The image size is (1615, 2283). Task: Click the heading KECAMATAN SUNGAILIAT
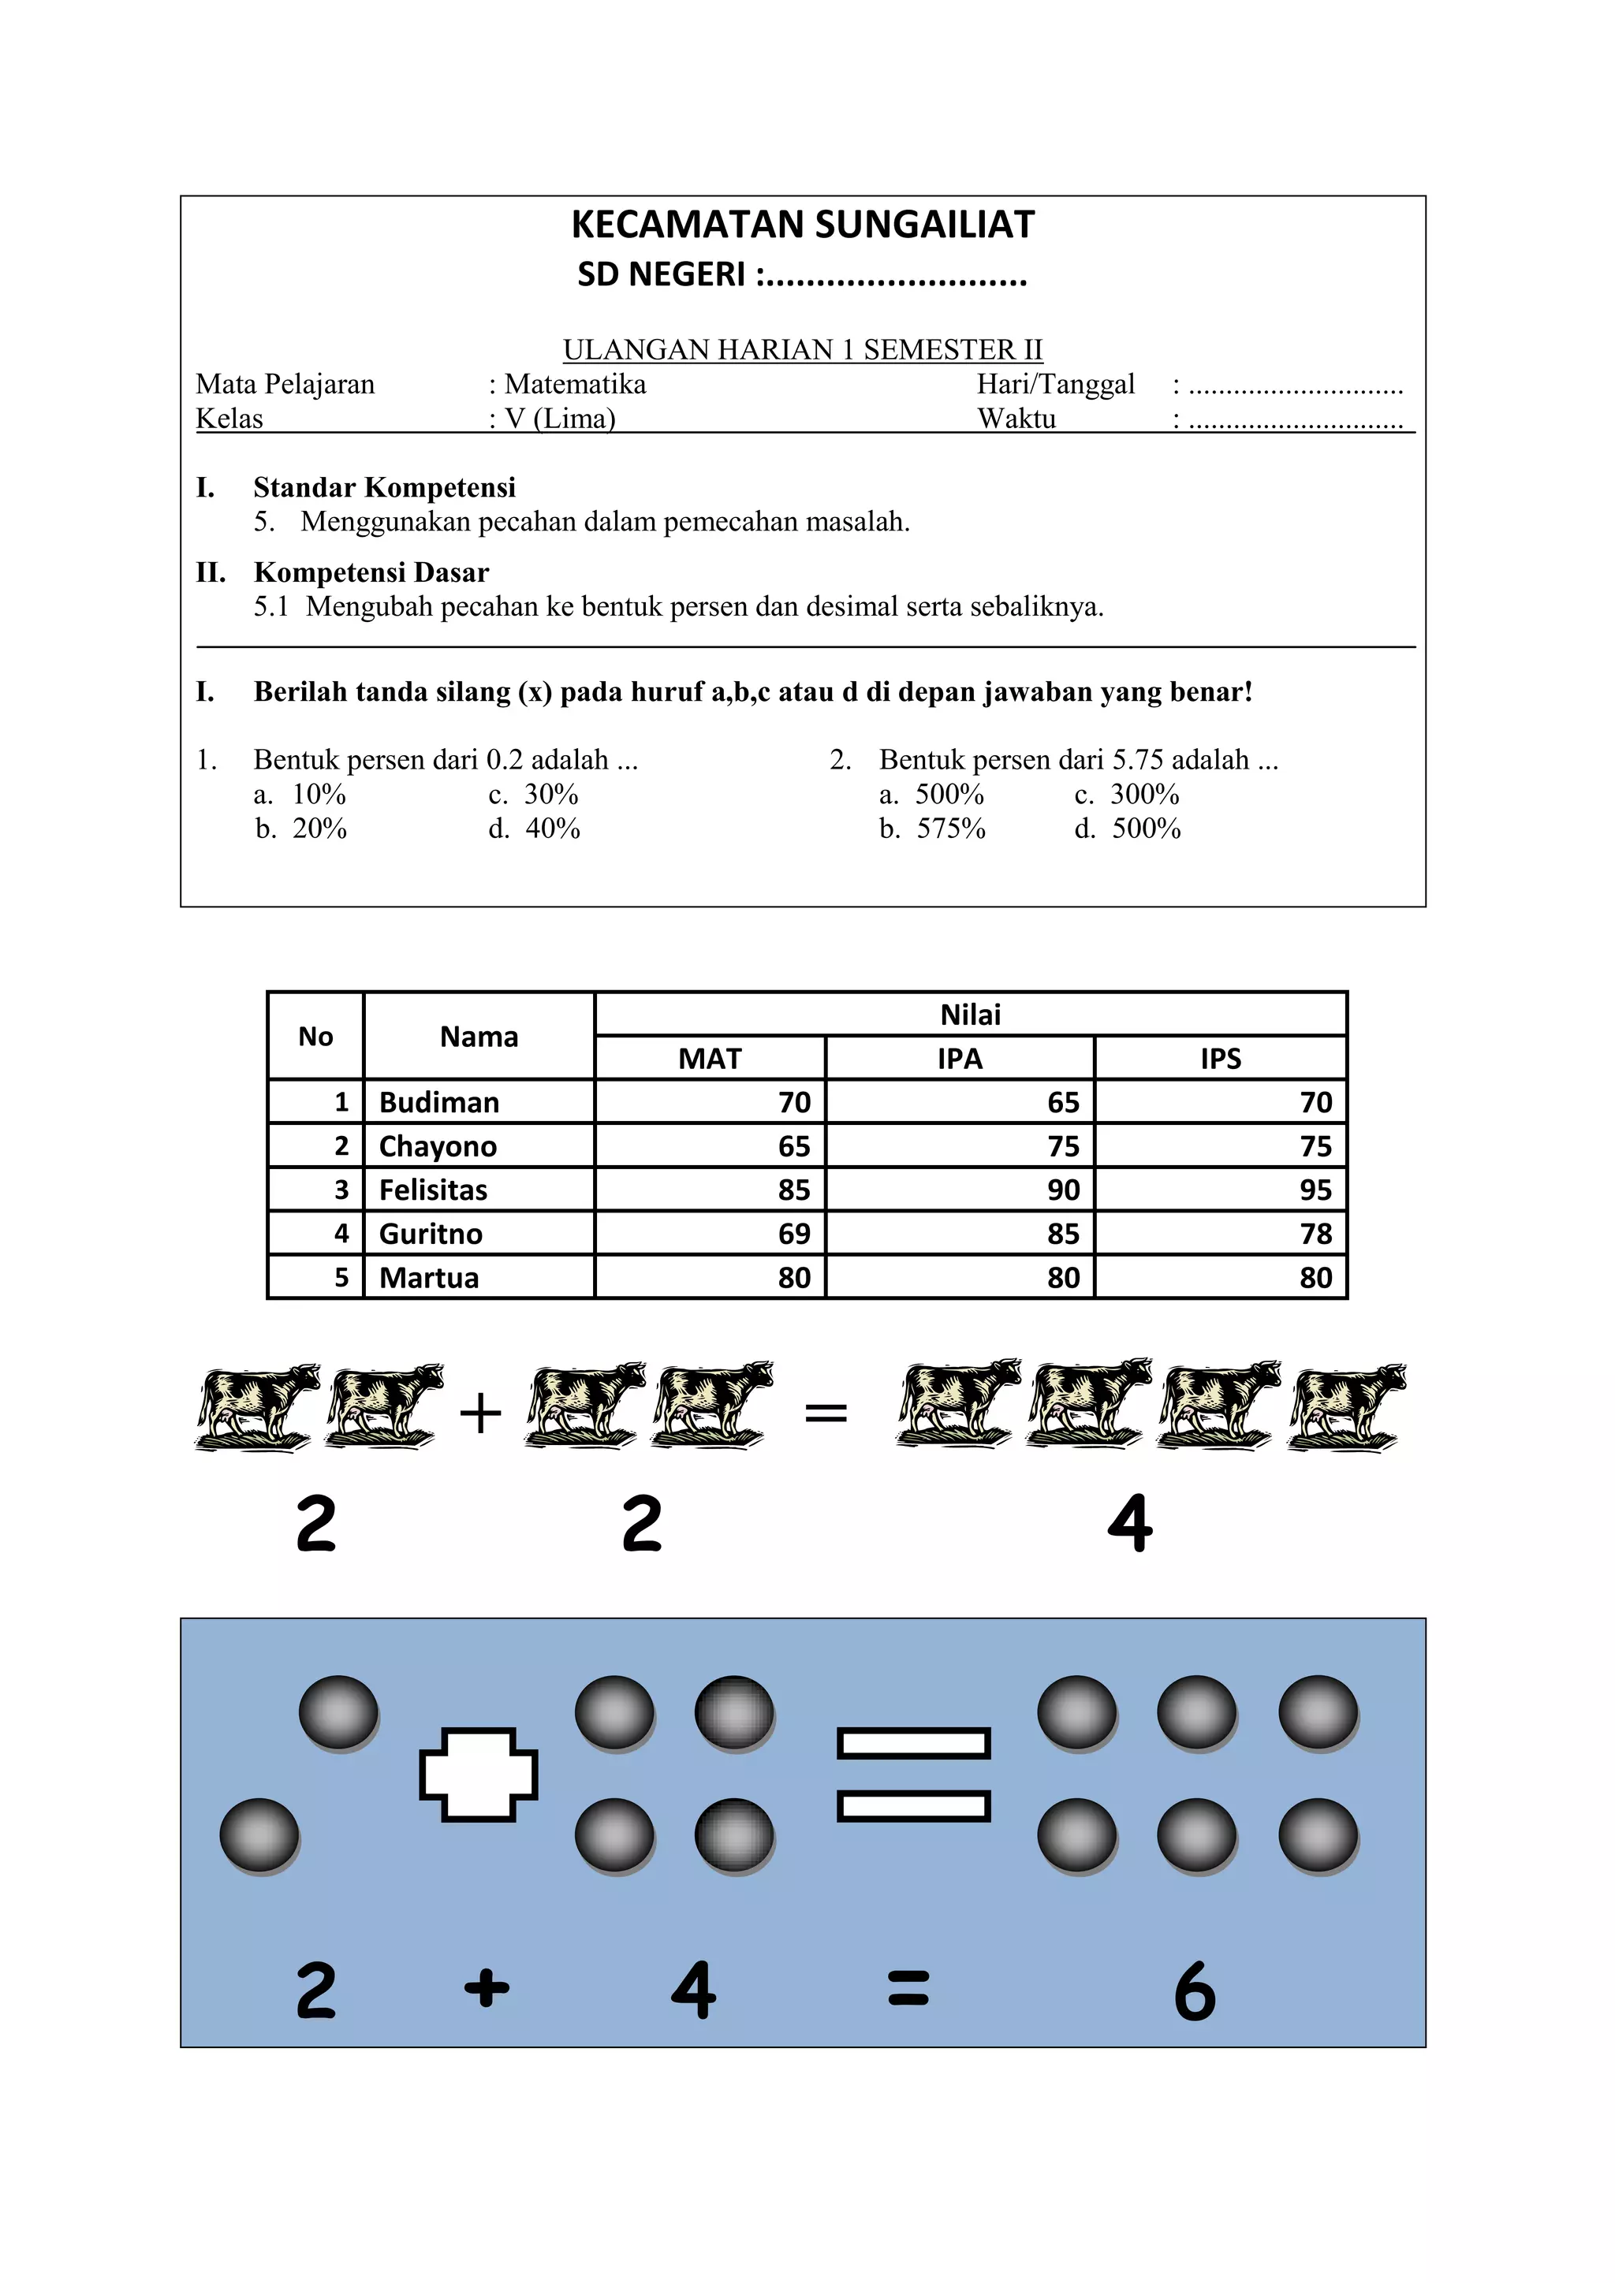[803, 225]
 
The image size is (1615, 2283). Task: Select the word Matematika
[575, 384]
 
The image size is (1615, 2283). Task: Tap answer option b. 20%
[301, 829]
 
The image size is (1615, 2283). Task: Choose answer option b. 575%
[932, 829]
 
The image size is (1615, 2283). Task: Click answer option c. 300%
[1127, 795]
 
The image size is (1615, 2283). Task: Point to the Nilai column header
[970, 1015]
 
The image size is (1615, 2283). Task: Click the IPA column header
[959, 1058]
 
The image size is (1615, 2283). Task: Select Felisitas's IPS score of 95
[1315, 1190]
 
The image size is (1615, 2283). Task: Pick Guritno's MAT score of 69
[793, 1234]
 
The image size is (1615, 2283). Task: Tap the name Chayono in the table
[438, 1146]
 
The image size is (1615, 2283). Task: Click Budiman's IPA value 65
[1062, 1103]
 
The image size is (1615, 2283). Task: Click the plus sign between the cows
[480, 1413]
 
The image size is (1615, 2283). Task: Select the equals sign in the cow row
[826, 1412]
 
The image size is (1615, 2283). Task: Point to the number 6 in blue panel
[1195, 1991]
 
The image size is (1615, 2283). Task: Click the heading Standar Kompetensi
[384, 487]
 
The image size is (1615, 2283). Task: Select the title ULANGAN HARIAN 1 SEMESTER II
[803, 350]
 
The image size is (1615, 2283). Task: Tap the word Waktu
[1016, 419]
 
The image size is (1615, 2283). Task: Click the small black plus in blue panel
[487, 1989]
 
